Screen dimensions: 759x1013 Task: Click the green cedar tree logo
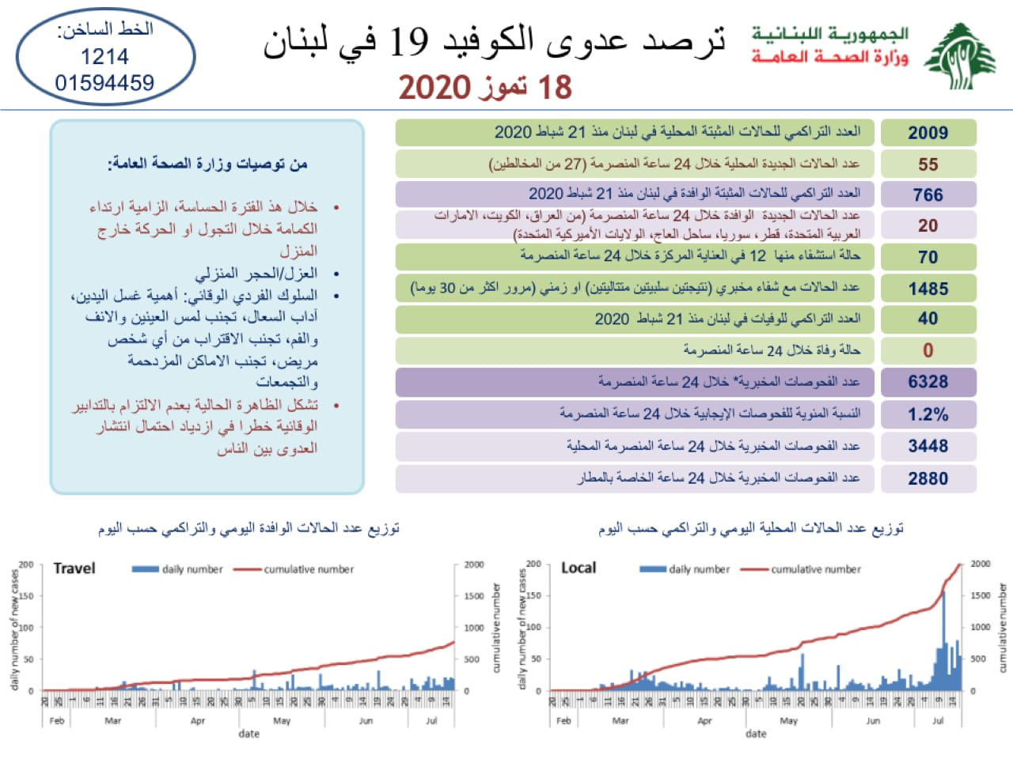pos(960,57)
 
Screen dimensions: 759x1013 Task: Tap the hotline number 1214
pos(104,57)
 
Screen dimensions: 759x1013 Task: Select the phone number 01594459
pos(104,82)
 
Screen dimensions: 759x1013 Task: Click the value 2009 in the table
pos(928,133)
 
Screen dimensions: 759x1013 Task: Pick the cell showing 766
pos(928,194)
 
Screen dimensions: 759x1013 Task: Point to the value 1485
pos(928,289)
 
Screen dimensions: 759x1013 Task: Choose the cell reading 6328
pos(928,382)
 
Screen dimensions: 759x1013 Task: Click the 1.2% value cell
pos(928,414)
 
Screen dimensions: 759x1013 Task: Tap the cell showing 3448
pos(928,446)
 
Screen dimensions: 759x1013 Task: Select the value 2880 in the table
pos(928,478)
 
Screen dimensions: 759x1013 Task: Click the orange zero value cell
pos(928,350)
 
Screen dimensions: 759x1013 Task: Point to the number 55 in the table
pos(928,164)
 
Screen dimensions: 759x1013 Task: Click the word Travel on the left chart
pos(74,568)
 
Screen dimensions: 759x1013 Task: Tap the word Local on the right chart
pos(579,568)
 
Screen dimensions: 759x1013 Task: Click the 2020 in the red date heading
pos(434,87)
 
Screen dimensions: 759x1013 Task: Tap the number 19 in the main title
pos(409,40)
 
